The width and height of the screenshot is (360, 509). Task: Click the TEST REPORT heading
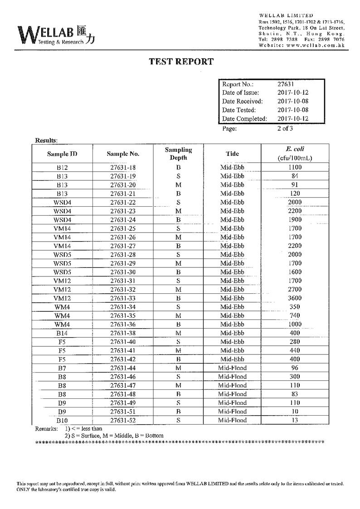coord(181,62)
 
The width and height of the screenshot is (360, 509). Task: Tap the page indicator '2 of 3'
coord(285,128)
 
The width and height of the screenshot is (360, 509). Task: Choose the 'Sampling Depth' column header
coord(178,154)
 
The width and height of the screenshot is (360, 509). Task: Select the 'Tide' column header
coord(232,154)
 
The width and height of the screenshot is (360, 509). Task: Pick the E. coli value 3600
coord(295,298)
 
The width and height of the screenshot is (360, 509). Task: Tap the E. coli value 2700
coord(295,289)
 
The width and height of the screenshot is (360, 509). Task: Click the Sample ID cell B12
coord(62,167)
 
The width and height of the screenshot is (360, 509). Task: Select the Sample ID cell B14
coord(62,333)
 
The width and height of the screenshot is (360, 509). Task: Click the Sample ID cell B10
coord(62,420)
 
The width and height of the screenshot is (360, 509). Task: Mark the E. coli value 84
coord(295,176)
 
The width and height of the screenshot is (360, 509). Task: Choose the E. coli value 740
coord(295,315)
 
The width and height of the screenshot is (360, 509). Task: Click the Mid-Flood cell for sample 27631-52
coord(232,420)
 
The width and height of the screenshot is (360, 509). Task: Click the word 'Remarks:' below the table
coord(46,428)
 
